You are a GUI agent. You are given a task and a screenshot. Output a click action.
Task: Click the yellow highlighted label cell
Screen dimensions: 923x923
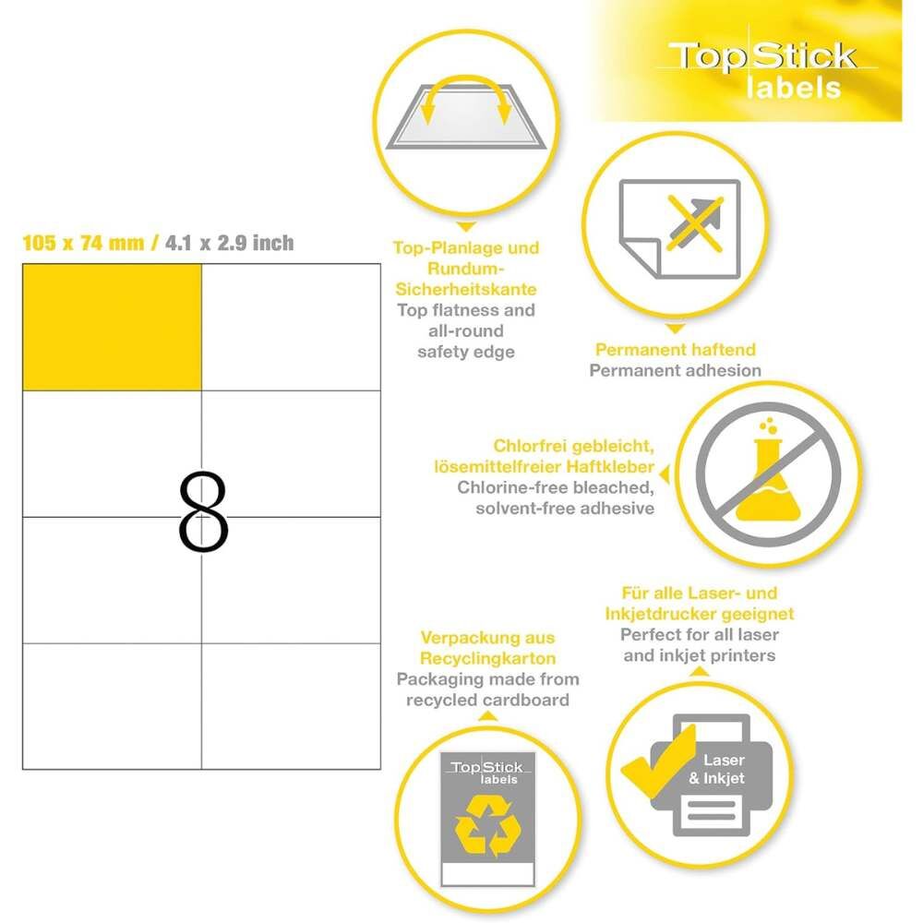(112, 328)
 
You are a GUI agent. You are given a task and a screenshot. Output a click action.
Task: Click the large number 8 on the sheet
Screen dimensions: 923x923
(203, 511)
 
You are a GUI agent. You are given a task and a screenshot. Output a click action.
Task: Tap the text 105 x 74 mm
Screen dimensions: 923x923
(83, 243)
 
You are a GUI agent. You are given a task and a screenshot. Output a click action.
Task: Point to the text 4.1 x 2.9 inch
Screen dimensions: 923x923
(229, 243)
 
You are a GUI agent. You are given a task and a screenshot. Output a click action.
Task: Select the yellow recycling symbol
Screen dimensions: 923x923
(487, 825)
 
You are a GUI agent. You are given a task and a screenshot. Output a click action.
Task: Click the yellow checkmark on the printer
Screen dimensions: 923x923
(658, 761)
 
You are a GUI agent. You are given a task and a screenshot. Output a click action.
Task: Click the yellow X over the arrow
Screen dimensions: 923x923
(695, 223)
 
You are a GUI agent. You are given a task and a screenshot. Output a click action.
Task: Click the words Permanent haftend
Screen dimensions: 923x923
(676, 350)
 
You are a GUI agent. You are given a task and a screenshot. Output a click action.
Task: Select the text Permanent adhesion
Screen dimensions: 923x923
(676, 370)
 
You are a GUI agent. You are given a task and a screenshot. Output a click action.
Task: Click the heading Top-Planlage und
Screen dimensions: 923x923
(466, 247)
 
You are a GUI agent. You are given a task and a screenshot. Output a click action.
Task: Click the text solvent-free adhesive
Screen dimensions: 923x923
(565, 508)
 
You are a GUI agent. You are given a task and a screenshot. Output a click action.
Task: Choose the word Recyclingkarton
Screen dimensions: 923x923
(488, 658)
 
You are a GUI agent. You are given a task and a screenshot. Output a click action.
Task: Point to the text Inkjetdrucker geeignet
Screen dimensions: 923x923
(700, 614)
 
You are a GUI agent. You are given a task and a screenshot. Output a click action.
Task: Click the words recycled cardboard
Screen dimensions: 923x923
(488, 700)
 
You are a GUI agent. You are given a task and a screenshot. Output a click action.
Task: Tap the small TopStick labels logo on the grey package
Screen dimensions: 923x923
(488, 772)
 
